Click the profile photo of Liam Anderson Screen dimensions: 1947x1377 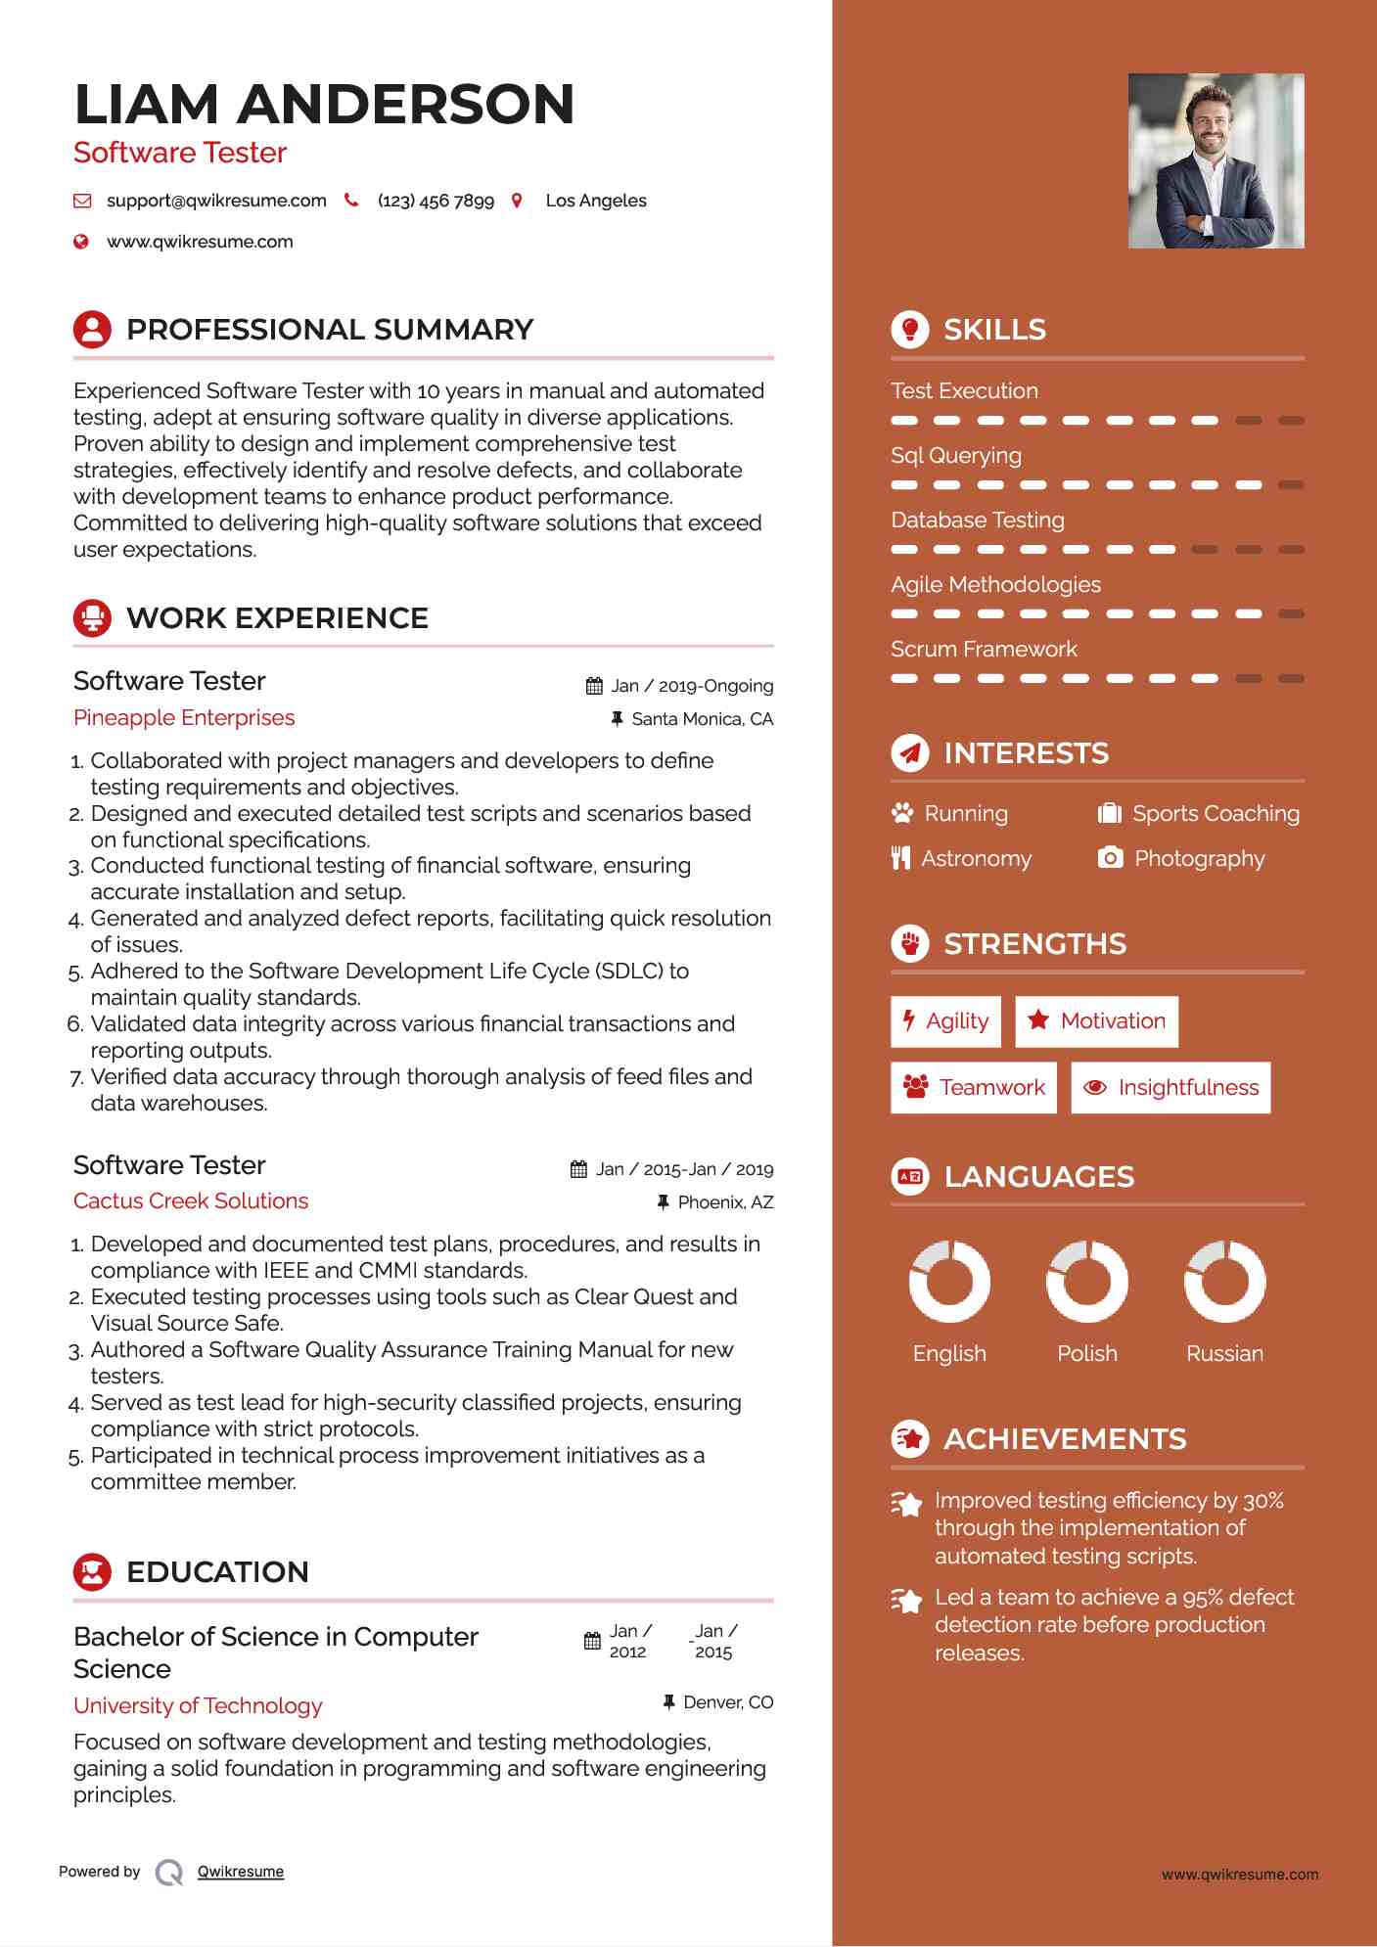1216,160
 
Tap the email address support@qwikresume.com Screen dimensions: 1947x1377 216,201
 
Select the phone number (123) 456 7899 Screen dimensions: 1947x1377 436,201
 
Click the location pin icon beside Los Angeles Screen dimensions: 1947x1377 517,201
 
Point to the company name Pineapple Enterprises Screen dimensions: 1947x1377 184,717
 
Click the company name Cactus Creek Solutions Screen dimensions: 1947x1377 191,1200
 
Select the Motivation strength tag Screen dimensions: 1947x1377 1096,1021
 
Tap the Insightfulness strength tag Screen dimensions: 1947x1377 1170,1088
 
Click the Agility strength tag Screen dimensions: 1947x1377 945,1021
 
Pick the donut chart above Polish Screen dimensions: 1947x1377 1086,1281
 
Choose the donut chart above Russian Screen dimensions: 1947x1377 1224,1281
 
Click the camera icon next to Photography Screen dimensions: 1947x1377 1110,858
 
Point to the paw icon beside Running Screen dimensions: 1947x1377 901,813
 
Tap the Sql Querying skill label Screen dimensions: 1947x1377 956,455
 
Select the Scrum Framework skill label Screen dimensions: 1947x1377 984,649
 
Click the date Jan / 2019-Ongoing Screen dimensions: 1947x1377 692,686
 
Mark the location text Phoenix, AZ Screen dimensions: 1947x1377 725,1202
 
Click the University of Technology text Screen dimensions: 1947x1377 198,1705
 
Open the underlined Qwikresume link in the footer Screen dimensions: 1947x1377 241,1872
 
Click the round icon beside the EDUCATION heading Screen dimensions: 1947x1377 92,1571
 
